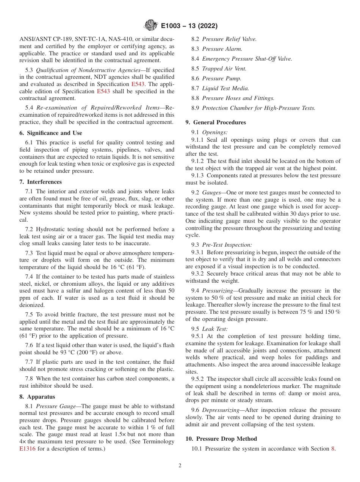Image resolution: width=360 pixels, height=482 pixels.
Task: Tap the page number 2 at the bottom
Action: coord(180,466)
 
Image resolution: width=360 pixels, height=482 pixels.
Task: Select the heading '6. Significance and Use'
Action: coord(50,133)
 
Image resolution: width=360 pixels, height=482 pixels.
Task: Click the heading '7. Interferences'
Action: coord(40,182)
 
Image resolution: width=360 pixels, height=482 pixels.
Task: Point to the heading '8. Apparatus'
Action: coord(37,397)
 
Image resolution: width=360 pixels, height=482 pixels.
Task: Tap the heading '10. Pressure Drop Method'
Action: coord(221,439)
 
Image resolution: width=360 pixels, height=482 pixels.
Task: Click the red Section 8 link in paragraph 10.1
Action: coord(333,449)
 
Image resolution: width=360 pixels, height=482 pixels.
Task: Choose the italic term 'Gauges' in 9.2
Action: coord(211,192)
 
